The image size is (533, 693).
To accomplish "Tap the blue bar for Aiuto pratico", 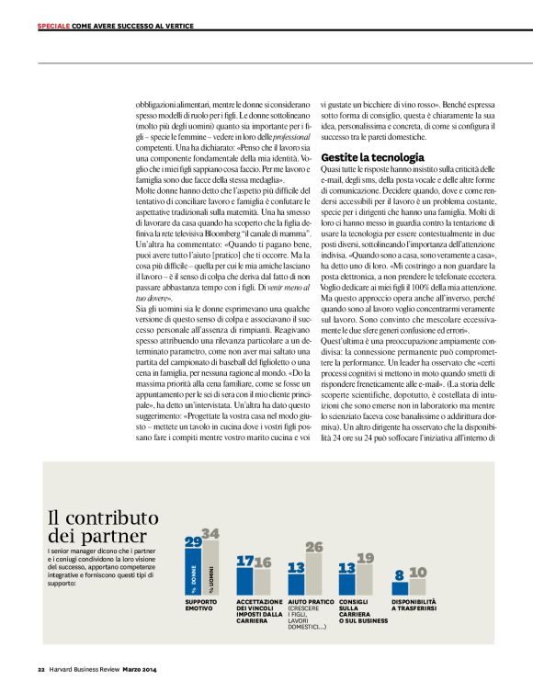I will (296, 585).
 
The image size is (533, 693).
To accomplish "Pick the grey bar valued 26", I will (314, 575).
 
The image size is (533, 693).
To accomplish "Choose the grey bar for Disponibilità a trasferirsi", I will (418, 586).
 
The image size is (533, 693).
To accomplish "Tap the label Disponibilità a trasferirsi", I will (419, 606).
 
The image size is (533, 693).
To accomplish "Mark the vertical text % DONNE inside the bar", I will (194, 581).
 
